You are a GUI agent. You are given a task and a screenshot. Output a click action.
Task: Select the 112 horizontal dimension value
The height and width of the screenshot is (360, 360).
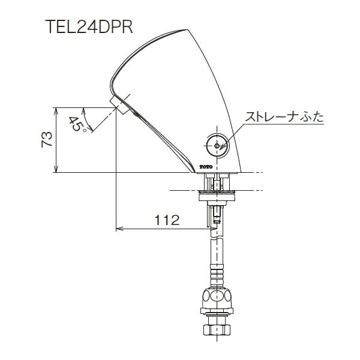pos(167,220)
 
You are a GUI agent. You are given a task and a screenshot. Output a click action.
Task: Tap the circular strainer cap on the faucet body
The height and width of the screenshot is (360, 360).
pos(215,145)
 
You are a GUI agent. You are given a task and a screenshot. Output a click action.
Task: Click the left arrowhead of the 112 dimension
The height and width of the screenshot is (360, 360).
pos(119,229)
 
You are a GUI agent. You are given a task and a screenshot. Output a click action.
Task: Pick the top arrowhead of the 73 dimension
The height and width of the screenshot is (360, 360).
pos(56,111)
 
